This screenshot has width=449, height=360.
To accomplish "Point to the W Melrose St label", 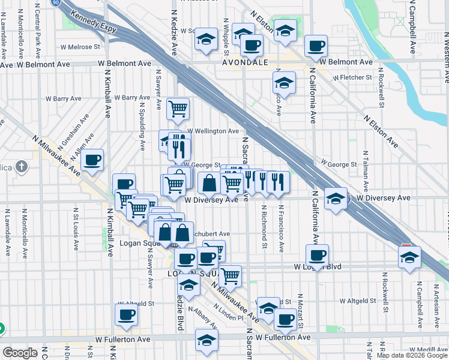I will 79,46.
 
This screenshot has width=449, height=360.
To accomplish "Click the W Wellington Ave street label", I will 213,131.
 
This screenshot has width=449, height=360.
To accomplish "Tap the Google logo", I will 20,353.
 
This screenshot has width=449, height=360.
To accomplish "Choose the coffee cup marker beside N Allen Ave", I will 92,160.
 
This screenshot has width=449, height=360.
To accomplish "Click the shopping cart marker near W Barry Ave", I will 178,109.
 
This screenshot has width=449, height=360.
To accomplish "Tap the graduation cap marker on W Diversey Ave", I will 336,199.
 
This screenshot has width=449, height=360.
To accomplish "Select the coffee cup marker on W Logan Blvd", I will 318,255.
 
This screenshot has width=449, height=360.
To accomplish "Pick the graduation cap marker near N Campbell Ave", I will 409,257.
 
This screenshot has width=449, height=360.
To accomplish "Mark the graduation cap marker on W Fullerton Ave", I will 206,339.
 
